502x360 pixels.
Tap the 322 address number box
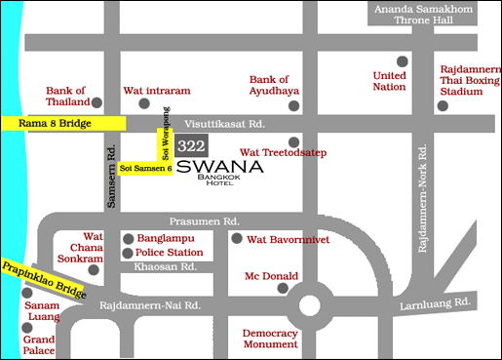click(191, 145)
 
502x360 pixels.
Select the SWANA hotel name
click(220, 167)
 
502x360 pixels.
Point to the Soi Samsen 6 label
click(146, 169)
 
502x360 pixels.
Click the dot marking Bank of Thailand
click(97, 101)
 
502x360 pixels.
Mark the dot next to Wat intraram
click(144, 103)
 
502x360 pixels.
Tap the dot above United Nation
click(402, 60)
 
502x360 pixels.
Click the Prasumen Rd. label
click(204, 221)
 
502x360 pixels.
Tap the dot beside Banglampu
click(128, 238)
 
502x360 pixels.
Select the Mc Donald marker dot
click(283, 288)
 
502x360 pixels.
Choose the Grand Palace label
click(39, 345)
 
